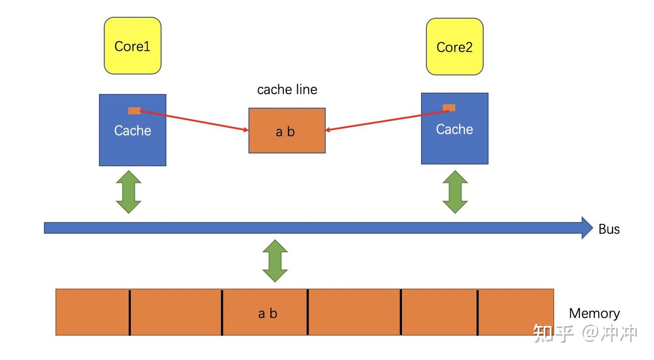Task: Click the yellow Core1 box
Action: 133,46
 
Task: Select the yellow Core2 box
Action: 455,47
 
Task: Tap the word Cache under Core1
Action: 133,131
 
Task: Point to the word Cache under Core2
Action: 455,129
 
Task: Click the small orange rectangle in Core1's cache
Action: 134,111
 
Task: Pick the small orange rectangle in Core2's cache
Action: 449,108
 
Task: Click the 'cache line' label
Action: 287,89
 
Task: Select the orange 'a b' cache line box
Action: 287,131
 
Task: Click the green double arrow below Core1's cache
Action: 129,192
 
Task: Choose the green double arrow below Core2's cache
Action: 455,192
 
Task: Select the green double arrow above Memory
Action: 275,261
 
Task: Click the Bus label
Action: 609,229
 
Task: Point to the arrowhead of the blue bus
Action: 587,227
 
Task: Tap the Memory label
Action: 594,313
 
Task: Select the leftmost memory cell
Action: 92,313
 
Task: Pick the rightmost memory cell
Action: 516,313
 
